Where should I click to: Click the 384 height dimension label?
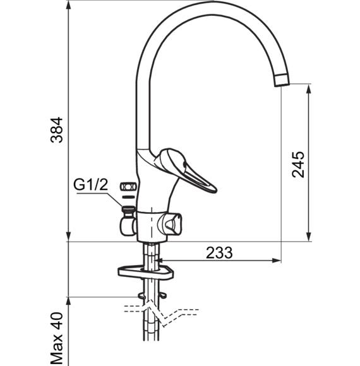pos(57,130)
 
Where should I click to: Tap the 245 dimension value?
pos(298,165)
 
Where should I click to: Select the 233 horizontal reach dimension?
pos(219,253)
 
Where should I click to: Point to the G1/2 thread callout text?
pos(91,185)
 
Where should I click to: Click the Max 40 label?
pos(57,339)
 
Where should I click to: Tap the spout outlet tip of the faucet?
pos(282,80)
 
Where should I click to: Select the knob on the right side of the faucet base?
pos(170,224)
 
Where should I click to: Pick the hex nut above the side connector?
pos(128,187)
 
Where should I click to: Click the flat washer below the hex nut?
pos(128,197)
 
